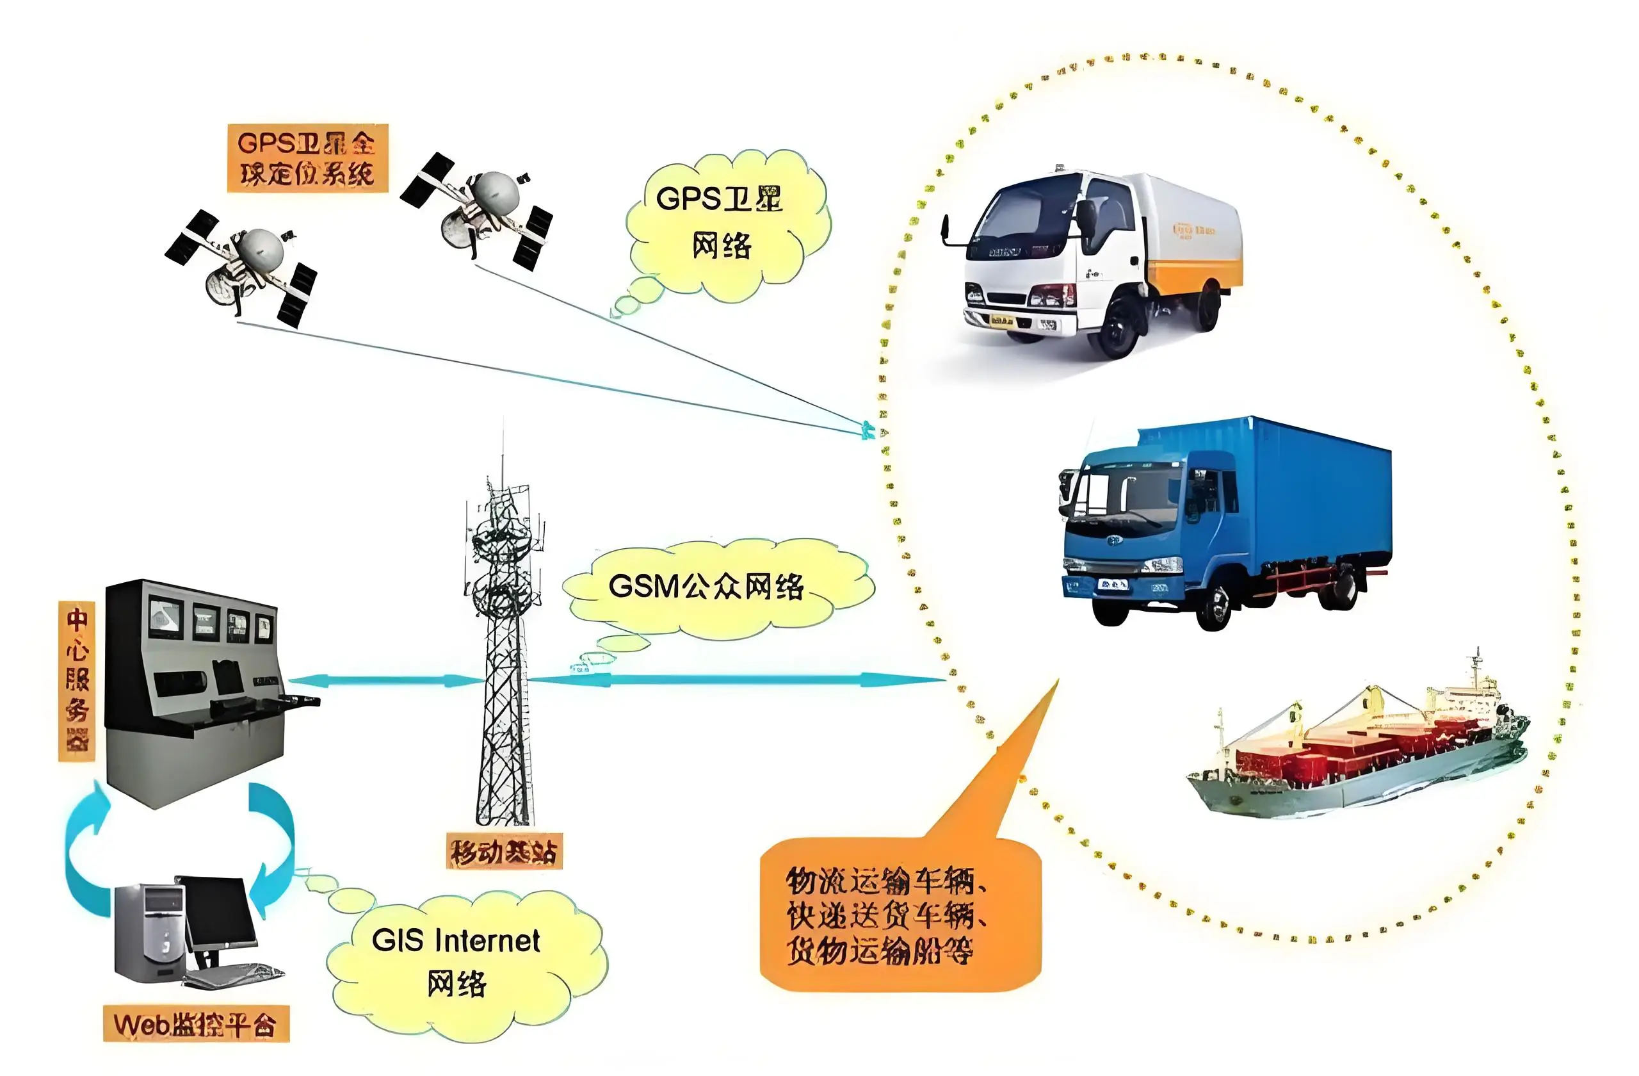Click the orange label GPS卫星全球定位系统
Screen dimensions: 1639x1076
307,158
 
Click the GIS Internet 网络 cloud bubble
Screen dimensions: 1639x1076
456,961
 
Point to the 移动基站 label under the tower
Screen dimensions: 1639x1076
503,852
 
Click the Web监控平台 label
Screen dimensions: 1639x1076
195,1024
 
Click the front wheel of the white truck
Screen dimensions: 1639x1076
1119,330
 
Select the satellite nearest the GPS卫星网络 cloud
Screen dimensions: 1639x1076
482,207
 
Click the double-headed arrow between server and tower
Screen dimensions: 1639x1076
385,681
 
